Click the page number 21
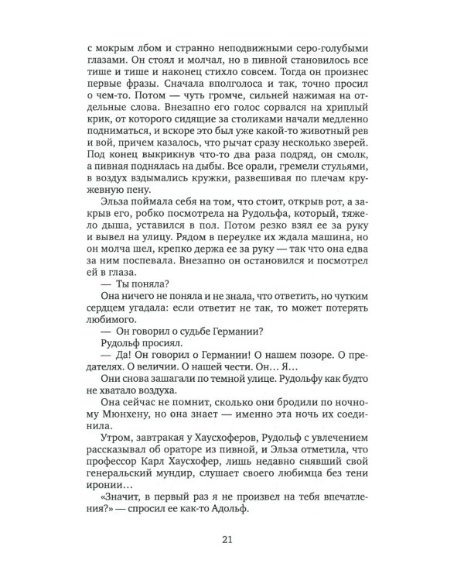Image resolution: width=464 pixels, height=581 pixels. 232,540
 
